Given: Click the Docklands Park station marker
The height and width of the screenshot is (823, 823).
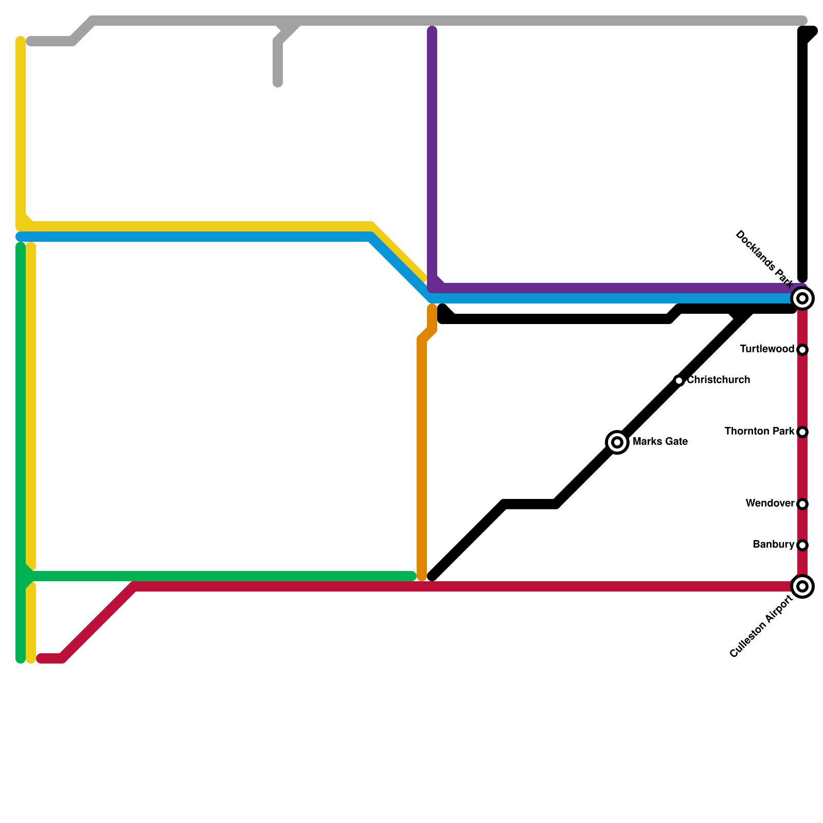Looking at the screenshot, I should click(x=802, y=298).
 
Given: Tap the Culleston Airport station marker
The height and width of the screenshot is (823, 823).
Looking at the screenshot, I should click(x=802, y=586).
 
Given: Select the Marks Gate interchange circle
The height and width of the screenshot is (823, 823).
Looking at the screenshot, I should click(x=617, y=442).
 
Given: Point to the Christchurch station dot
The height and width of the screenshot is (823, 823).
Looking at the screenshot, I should click(x=679, y=381).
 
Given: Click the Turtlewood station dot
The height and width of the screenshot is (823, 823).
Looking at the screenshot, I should click(x=802, y=350).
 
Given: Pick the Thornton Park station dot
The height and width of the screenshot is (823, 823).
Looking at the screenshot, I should click(x=802, y=432).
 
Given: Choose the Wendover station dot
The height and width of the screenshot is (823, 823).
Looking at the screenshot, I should click(x=802, y=504).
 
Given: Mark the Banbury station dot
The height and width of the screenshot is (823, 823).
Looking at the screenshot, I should click(x=802, y=545).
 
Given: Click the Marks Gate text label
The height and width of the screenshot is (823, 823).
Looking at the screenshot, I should click(x=660, y=442).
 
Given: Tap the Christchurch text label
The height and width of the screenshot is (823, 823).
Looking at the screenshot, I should click(x=719, y=380).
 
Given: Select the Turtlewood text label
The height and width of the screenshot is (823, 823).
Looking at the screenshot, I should click(x=767, y=349).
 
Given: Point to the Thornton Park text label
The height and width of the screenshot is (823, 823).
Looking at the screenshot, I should click(x=759, y=432).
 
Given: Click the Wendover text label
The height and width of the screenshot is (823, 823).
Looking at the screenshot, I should click(x=770, y=504).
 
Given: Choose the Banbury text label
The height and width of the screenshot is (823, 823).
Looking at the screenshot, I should click(x=773, y=545).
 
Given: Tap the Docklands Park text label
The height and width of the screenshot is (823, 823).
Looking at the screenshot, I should click(x=764, y=258).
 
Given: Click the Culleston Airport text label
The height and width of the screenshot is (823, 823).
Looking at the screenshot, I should click(x=761, y=627).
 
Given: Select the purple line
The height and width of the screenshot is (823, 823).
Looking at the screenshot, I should click(x=432, y=154).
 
